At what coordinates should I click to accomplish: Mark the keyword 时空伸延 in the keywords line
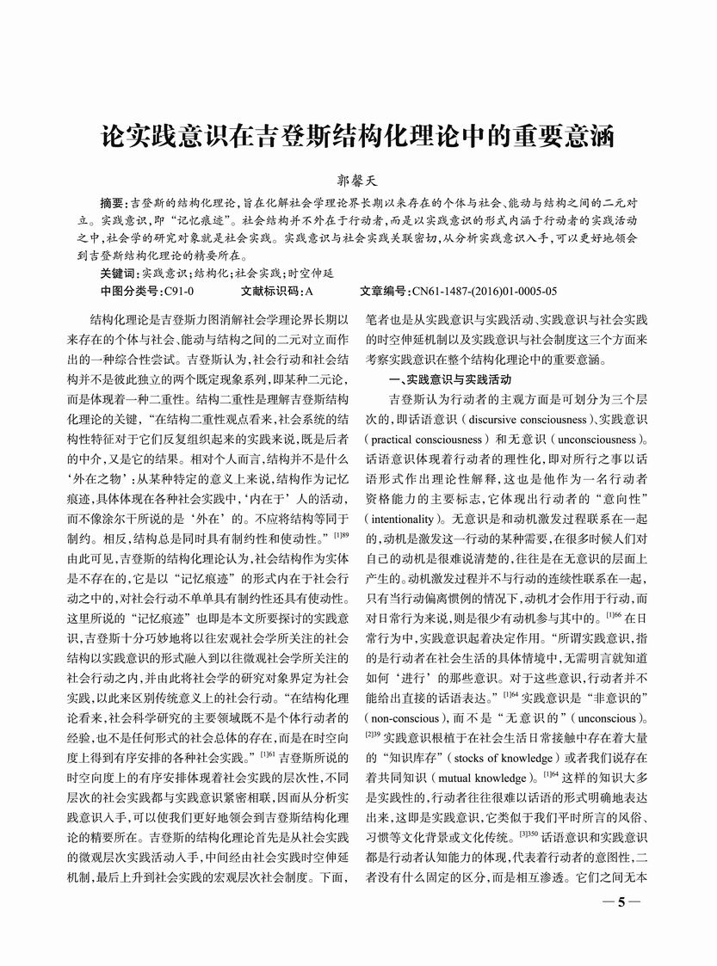[x=310, y=273]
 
